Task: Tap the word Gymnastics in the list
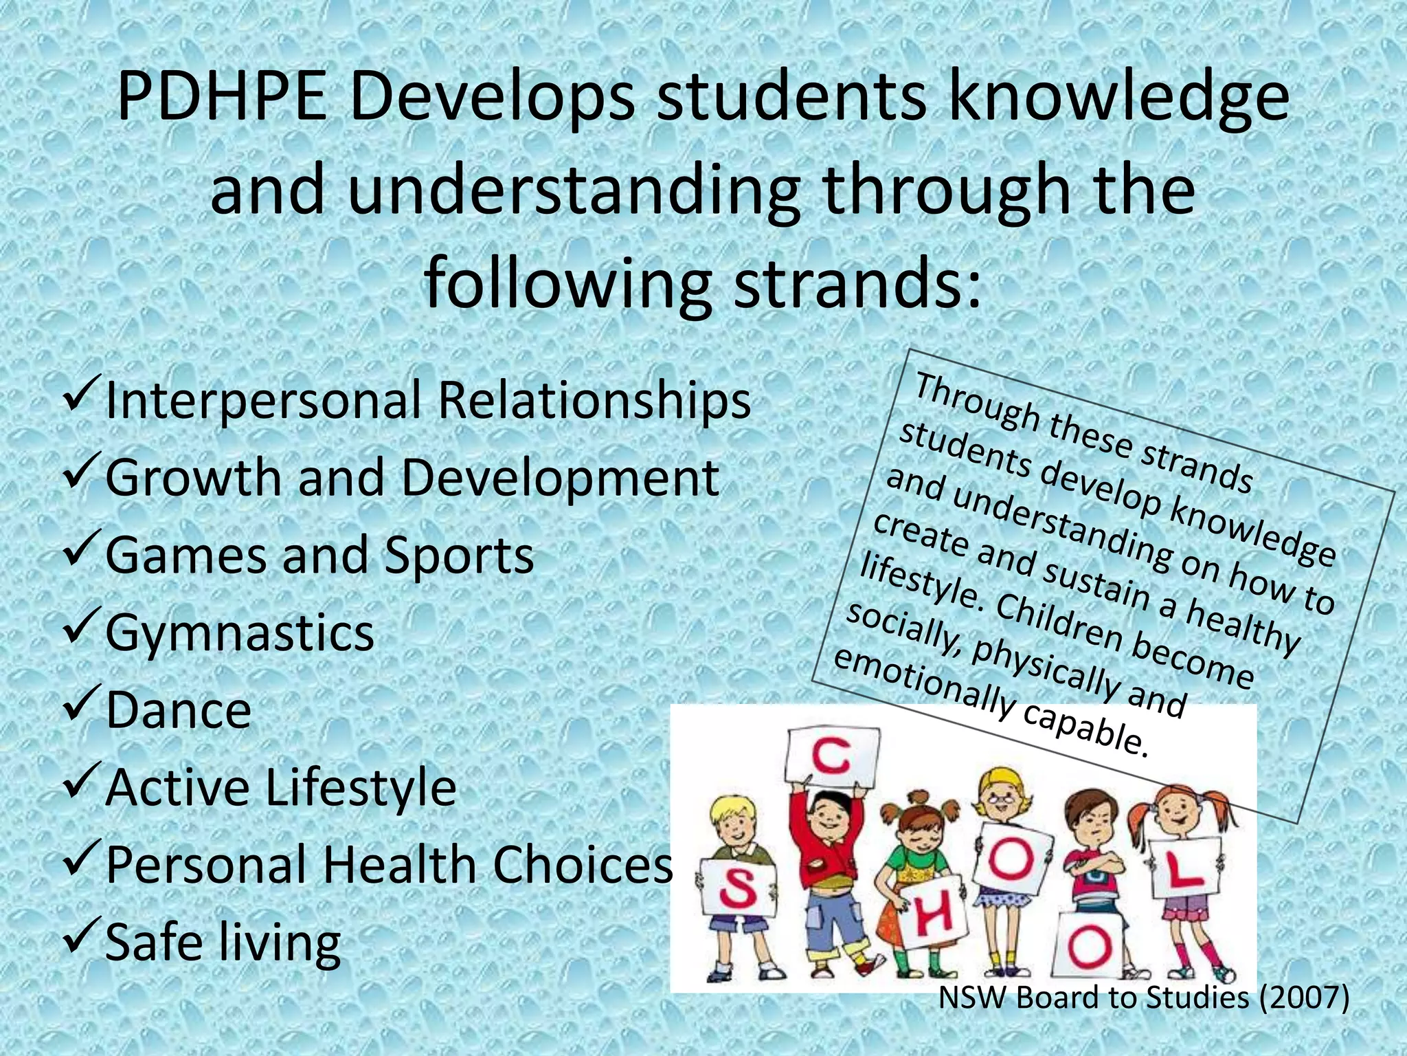(240, 632)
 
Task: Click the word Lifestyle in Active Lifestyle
(360, 788)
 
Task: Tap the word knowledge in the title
(1117, 98)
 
